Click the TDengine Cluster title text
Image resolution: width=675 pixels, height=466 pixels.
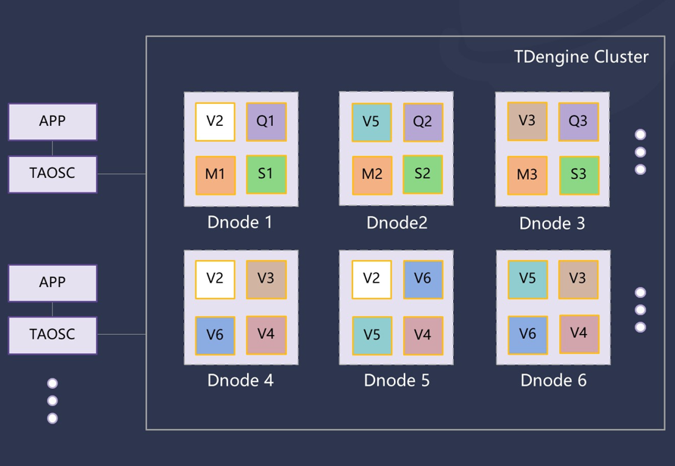point(581,57)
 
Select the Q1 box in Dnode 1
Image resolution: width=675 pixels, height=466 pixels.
point(266,122)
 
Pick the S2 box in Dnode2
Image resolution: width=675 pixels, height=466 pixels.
point(423,174)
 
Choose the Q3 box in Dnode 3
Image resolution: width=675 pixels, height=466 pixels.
point(578,122)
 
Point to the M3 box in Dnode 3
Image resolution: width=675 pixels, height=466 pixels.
point(527,175)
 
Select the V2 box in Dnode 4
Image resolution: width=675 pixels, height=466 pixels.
point(215,279)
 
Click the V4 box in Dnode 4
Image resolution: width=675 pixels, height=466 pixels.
point(266,334)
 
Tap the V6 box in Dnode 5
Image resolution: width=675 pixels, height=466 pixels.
point(423,279)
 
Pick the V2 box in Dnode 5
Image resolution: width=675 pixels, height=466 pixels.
point(371,279)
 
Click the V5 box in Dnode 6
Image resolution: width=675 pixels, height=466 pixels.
point(527,279)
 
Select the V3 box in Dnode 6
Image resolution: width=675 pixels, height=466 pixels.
point(578,279)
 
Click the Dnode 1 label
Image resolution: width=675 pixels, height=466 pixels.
point(240,223)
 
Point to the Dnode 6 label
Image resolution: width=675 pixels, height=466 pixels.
point(553,380)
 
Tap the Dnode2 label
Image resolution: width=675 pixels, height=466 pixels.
point(397,223)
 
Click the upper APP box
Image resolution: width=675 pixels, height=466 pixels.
point(52,121)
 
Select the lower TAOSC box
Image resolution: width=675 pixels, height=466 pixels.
point(52,334)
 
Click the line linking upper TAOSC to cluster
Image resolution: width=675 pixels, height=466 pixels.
point(121,174)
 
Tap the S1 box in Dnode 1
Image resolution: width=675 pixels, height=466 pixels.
point(266,174)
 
